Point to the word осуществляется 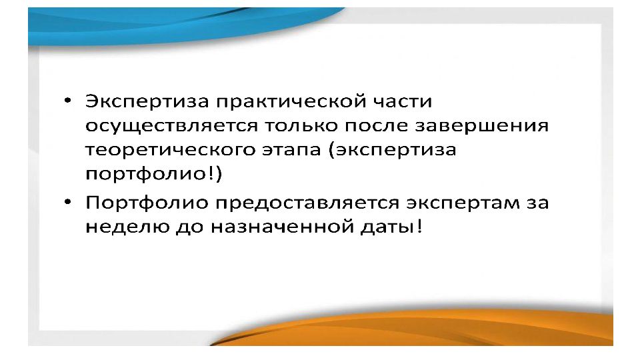tap(171, 126)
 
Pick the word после tap(376, 125)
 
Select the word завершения tap(481, 126)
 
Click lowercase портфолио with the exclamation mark tap(149, 174)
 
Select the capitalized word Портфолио tap(147, 203)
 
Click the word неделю tap(127, 227)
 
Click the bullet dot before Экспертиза tap(68, 101)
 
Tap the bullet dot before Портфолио tap(68, 202)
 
